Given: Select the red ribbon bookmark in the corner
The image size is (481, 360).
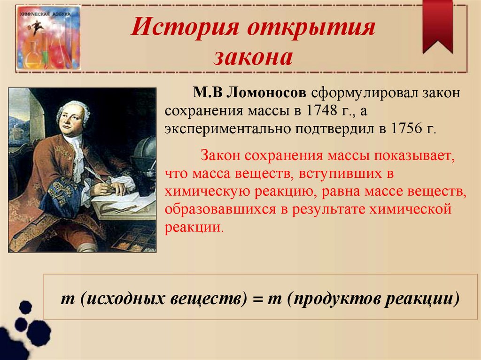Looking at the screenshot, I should click(437, 26).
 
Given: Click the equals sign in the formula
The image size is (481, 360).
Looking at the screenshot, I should click(257, 299).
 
